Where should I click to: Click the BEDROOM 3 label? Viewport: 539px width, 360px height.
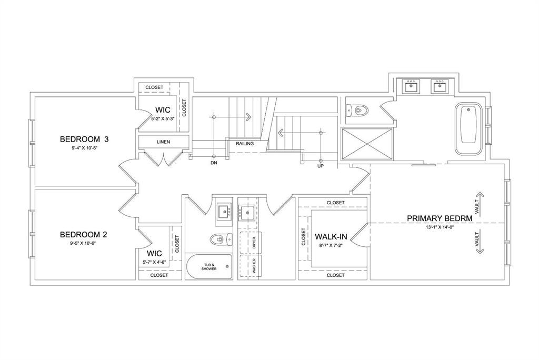tap(84, 139)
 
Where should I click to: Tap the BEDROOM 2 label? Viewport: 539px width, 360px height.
tap(84, 235)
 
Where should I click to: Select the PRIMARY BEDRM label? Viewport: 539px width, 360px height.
tap(440, 218)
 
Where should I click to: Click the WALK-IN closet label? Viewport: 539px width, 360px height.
tap(331, 236)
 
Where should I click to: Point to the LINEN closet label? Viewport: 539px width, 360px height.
tap(163, 142)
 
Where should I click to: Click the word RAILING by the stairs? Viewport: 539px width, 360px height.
tap(245, 143)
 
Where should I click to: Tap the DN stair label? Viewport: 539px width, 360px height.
tap(214, 163)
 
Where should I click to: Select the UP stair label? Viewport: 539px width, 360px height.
tap(321, 166)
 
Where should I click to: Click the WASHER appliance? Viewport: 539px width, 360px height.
tap(250, 266)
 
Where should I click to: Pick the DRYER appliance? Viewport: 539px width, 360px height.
tap(250, 243)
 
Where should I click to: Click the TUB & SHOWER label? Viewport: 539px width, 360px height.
tap(209, 267)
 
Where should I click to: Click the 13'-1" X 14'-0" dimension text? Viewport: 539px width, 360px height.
tap(440, 227)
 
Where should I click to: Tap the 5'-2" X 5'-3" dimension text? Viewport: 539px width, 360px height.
tap(163, 118)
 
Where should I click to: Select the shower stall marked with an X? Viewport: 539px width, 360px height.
tap(367, 144)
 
